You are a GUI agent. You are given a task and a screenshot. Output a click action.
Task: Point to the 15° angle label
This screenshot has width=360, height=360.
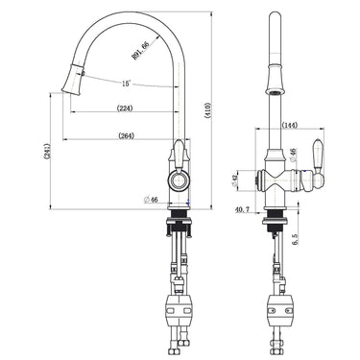126,84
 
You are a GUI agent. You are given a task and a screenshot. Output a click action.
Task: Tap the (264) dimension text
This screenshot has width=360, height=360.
126,135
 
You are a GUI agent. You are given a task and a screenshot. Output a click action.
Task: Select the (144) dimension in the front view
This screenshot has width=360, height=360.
292,125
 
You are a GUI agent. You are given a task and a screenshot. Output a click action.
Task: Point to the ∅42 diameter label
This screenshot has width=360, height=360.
237,179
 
